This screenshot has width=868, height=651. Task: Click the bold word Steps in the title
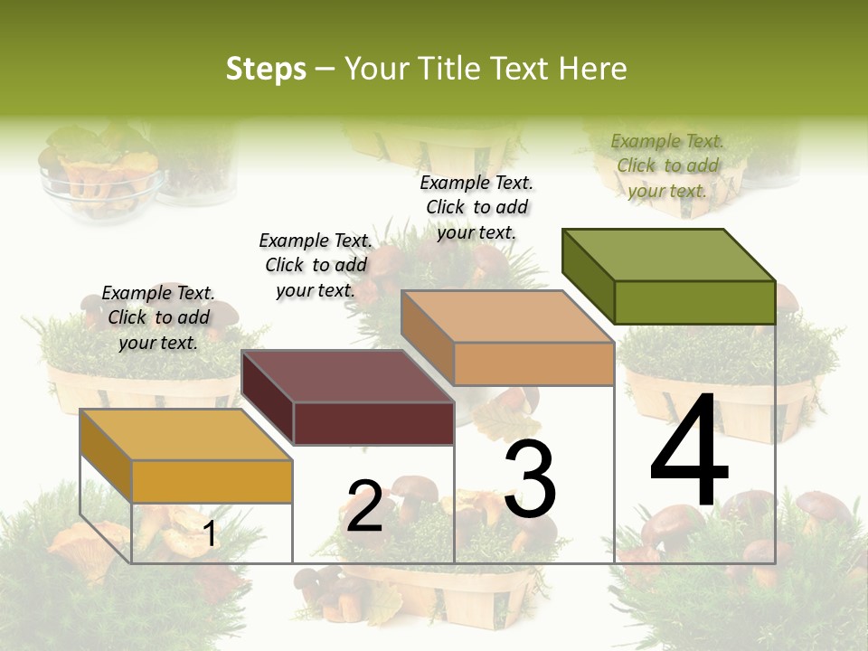coord(266,69)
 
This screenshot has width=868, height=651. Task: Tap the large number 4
coord(689,453)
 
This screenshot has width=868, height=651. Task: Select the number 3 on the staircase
coord(530,481)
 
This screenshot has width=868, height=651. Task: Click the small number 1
coord(210,534)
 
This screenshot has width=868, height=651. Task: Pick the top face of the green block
coord(669,254)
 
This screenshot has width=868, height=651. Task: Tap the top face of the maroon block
coord(348,376)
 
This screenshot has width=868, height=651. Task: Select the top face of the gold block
coord(186,435)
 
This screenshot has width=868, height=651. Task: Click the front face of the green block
coord(694,302)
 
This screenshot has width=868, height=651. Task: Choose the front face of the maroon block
coord(373,423)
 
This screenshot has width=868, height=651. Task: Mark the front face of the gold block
coord(212,481)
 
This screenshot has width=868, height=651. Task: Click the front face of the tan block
coord(533,363)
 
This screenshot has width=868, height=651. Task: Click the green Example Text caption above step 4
coord(667,165)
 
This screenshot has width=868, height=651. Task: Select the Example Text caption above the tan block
coord(476,207)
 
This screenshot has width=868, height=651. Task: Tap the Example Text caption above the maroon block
coord(316,265)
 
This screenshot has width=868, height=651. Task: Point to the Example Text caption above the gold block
coord(158,317)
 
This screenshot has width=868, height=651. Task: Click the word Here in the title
coord(592,69)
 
